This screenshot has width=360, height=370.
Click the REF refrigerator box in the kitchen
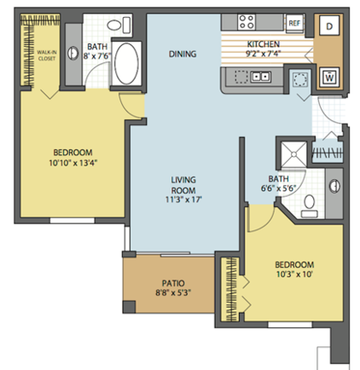pos(294,23)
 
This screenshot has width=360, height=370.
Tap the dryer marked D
pos(328,26)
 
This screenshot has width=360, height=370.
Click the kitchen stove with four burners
pos(247,23)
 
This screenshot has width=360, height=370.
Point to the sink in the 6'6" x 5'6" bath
pos(333,182)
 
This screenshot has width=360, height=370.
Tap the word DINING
pos(183,54)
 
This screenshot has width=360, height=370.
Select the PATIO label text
pos(174,284)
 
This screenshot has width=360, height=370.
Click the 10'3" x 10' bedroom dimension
pos(296,275)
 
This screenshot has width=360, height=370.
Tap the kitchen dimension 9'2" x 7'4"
pos(264,54)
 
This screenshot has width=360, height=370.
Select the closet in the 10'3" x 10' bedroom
pos(229,290)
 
